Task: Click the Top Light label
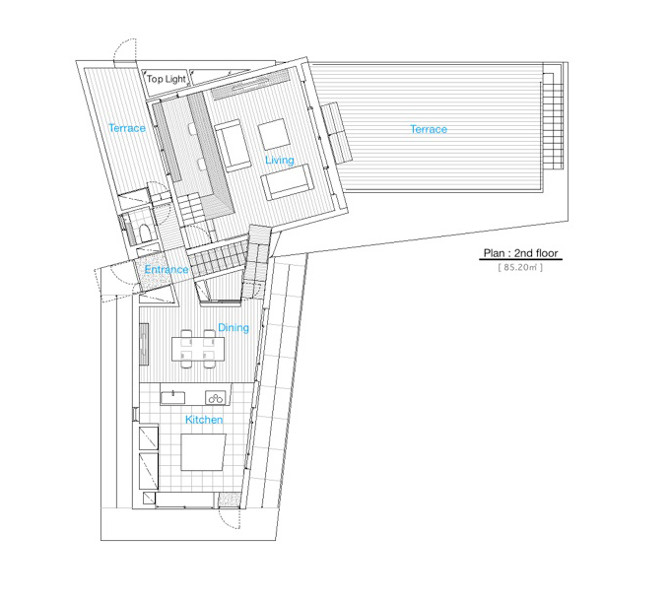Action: (x=167, y=79)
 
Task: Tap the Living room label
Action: (x=280, y=161)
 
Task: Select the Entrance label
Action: (x=167, y=270)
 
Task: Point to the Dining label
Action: (x=234, y=328)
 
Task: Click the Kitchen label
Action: (x=204, y=420)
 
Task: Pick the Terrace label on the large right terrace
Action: (x=429, y=129)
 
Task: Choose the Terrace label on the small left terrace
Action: (x=127, y=128)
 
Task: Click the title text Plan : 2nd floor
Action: (x=521, y=253)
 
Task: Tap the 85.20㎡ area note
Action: (x=520, y=267)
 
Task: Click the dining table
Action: (x=198, y=349)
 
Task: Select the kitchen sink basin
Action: (x=173, y=397)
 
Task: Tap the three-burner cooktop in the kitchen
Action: (x=216, y=398)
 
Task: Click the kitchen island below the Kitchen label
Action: (x=203, y=452)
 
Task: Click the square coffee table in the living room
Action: (x=273, y=134)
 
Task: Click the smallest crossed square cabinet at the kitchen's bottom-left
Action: (x=149, y=499)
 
